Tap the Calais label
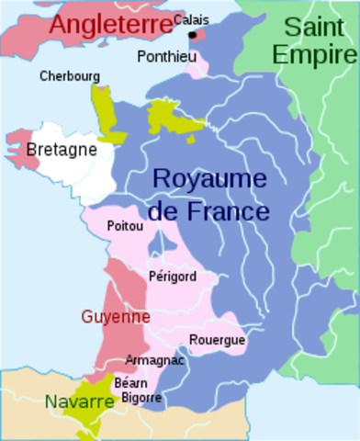(190, 19)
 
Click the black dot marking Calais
(193, 35)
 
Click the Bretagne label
(56, 148)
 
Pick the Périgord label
(170, 276)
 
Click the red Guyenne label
(115, 316)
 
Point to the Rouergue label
(217, 340)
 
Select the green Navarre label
(79, 401)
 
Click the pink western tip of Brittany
(20, 147)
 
